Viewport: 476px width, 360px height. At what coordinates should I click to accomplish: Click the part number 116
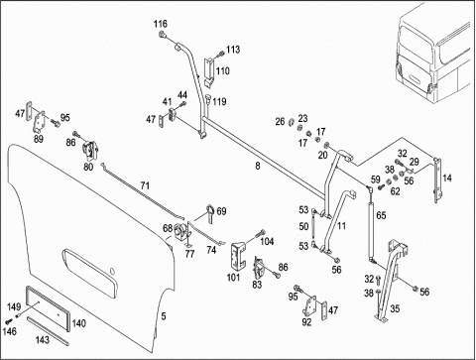coord(161,24)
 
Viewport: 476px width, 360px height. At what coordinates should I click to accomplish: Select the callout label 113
coord(233,50)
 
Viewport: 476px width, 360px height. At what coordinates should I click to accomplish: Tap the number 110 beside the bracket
coord(223,70)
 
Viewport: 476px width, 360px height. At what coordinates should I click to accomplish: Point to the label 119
coord(219,101)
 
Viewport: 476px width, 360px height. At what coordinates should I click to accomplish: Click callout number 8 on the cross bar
coord(258,166)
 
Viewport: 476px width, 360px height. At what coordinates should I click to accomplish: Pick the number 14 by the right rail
coord(447,178)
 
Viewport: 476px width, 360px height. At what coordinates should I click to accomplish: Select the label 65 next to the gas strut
coord(381,215)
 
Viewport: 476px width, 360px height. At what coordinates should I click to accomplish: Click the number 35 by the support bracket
coord(395,308)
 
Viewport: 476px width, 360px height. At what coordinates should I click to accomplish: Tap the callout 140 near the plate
coord(79,323)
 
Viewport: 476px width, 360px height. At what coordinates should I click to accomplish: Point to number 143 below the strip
coord(43,339)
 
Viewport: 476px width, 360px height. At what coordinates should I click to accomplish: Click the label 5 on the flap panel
coord(164,316)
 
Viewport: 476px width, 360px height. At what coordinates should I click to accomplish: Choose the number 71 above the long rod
coord(145,185)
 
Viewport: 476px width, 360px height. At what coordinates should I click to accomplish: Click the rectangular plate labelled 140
coord(48,308)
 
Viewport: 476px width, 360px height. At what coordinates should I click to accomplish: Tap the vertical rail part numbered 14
coord(437,180)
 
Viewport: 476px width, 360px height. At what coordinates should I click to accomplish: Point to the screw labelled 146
coord(8,320)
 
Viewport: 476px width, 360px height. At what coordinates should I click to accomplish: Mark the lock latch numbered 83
coord(259,268)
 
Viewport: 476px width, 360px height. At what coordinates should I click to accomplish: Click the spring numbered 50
coord(313,228)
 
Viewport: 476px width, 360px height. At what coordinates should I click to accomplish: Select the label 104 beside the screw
coord(267,241)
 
